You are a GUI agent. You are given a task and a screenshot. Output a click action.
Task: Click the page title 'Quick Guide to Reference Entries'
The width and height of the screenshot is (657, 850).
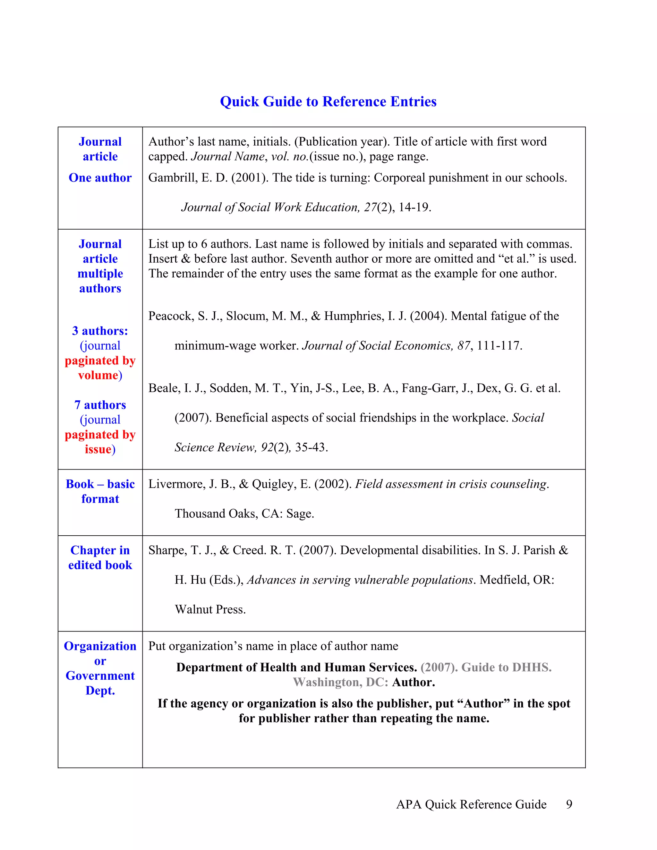tap(328, 102)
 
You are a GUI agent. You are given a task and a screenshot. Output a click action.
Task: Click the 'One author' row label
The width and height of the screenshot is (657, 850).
tap(100, 178)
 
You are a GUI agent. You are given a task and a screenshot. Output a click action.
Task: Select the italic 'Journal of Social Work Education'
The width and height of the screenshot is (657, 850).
tap(270, 208)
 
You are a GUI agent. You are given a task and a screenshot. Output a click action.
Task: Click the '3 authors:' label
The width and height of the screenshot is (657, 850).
tap(100, 331)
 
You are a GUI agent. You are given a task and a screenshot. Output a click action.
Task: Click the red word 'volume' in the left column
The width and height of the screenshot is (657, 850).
tap(98, 376)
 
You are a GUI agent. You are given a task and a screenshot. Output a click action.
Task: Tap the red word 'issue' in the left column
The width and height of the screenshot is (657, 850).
tap(98, 449)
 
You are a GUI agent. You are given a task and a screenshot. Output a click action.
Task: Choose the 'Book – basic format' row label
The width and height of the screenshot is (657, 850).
tap(100, 491)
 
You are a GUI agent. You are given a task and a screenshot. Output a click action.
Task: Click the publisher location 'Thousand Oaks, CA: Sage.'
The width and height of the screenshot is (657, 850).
tap(244, 514)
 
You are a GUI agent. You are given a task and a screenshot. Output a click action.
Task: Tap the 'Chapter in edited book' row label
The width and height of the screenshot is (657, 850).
tap(100, 558)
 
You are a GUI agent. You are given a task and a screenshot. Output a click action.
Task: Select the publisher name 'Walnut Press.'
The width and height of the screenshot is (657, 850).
tap(210, 609)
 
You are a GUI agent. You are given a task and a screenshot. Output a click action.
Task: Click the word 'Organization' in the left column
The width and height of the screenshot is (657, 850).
tap(100, 646)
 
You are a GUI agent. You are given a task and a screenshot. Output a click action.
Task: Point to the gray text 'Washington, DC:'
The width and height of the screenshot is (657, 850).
tap(340, 682)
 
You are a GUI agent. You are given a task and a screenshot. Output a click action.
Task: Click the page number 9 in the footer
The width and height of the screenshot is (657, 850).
tap(569, 804)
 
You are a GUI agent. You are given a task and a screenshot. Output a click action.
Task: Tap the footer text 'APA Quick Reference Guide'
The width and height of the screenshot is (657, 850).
tap(471, 804)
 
